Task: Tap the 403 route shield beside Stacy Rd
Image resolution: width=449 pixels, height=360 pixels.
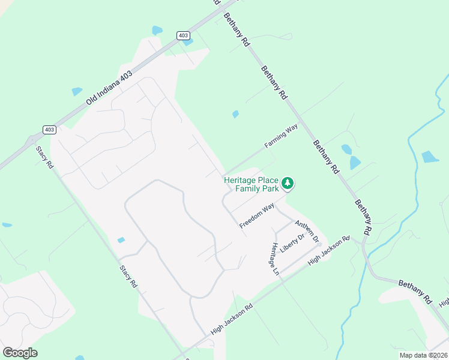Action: pos(49,130)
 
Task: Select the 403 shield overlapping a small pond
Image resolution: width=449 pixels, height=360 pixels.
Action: pos(183,35)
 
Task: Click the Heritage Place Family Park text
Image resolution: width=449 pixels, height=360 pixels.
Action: pos(252,184)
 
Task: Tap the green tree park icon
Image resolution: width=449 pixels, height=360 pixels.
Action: pos(288,183)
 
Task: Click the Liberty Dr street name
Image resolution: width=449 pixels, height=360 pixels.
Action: pos(293,242)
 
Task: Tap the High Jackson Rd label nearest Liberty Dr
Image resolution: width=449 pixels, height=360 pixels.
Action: pos(328,250)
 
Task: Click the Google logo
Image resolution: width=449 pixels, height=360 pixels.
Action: pos(20,353)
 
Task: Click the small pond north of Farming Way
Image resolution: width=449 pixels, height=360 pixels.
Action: pos(235,114)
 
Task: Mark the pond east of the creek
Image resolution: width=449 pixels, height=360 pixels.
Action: pos(430,157)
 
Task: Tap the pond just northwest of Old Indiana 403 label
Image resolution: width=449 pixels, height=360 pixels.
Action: pos(77,92)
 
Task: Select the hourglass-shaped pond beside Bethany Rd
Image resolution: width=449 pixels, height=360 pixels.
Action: pos(351,157)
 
